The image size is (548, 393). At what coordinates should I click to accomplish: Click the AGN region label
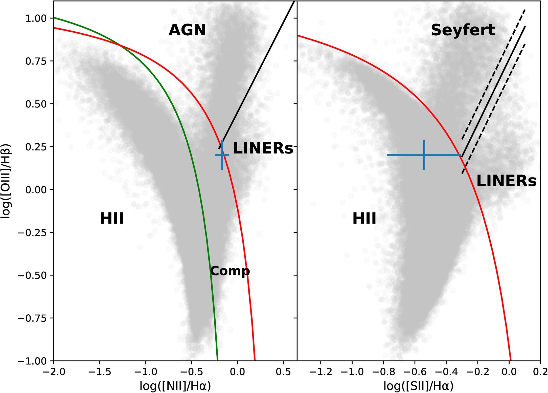tap(187, 30)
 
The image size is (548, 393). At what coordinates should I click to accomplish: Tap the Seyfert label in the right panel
tap(463, 30)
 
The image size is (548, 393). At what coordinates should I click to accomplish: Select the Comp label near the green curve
tap(230, 271)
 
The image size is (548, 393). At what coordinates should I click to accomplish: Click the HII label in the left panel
tap(112, 219)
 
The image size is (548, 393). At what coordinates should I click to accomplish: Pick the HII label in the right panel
tap(364, 219)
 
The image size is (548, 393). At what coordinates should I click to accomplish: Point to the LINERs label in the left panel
tap(263, 148)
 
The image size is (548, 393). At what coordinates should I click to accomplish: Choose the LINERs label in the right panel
tap(506, 181)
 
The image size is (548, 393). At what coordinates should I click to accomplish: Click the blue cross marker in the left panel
tap(222, 155)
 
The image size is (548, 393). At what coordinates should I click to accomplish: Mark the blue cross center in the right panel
tap(424, 155)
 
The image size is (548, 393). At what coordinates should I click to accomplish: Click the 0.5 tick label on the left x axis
tap(283, 372)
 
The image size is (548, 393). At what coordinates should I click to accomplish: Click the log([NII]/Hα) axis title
tap(175, 386)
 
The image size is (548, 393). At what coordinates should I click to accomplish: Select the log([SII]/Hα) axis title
tap(418, 386)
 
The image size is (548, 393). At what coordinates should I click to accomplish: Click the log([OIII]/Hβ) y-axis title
tap(6, 181)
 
